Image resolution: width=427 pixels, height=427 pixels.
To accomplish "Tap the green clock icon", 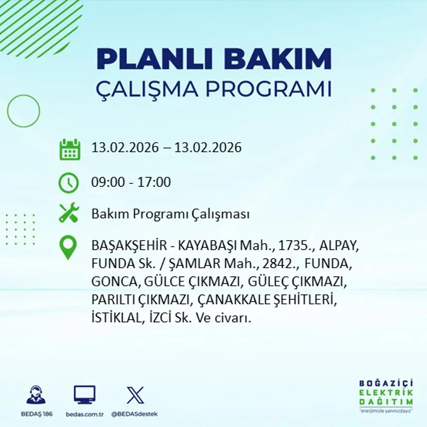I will click(69, 182).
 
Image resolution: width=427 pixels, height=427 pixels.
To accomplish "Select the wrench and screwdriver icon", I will click(69, 213).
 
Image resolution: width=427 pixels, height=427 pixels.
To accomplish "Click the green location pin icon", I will click(68, 246).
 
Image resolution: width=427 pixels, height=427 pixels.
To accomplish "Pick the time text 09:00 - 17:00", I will click(131, 182).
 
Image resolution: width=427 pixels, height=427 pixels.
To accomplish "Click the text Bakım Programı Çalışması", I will click(170, 214).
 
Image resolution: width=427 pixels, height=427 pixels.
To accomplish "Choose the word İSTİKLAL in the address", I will click(114, 318).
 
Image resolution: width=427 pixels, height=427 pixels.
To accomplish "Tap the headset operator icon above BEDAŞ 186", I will click(36, 395).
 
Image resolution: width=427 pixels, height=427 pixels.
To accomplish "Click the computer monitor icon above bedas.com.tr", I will click(84, 395).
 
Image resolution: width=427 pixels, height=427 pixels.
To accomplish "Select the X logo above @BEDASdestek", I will click(135, 395).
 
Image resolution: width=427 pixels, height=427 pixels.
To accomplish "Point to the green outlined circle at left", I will click(23, 111).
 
